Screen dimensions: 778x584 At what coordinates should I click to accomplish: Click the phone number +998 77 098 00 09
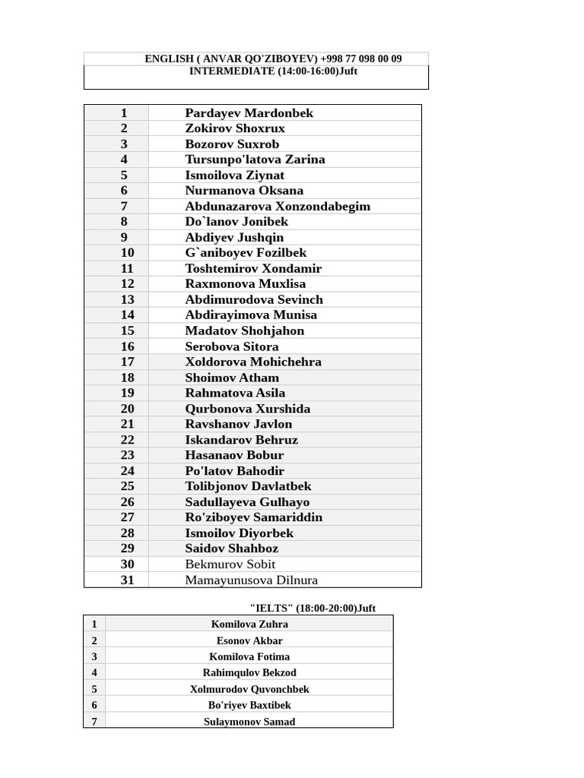click(x=361, y=59)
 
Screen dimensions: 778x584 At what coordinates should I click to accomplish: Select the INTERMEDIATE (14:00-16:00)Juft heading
click(x=273, y=71)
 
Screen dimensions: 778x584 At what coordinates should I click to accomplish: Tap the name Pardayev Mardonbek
click(x=249, y=113)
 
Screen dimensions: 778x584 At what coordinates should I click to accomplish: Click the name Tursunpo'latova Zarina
click(x=255, y=160)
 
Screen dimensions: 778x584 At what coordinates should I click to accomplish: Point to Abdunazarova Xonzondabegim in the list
click(x=278, y=206)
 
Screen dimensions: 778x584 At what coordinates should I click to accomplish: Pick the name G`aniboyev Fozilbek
click(x=246, y=253)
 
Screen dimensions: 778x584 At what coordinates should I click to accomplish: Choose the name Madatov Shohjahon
click(x=244, y=330)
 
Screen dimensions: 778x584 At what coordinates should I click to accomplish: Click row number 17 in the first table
click(x=127, y=362)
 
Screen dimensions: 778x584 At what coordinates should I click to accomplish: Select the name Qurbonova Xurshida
click(x=247, y=409)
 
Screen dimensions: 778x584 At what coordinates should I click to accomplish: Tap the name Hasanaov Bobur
click(x=234, y=455)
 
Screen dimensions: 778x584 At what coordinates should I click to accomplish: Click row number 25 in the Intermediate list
click(x=127, y=486)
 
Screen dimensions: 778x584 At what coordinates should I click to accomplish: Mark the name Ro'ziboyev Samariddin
click(x=253, y=517)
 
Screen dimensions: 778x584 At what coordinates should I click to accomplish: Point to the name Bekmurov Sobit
click(x=230, y=565)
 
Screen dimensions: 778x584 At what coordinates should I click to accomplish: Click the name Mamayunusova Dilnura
click(x=251, y=580)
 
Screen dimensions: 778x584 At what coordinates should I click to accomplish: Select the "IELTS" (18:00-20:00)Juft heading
click(x=313, y=609)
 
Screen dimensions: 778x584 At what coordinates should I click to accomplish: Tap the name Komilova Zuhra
click(x=249, y=625)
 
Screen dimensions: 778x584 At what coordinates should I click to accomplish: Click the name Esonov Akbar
click(x=249, y=640)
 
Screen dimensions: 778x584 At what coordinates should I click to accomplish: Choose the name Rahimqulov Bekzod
click(x=249, y=673)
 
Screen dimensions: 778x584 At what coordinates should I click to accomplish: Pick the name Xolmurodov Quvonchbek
click(x=249, y=689)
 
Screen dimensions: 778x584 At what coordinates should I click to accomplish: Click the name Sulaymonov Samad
click(x=249, y=722)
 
